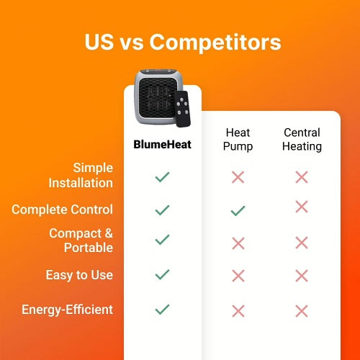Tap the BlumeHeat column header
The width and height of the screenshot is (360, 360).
click(162, 144)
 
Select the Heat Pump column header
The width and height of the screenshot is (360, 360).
click(238, 140)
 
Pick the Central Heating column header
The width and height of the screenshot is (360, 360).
click(302, 140)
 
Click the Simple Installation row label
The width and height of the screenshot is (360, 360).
click(81, 175)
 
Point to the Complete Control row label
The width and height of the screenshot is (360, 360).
click(63, 210)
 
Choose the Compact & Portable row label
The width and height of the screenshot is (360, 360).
click(81, 240)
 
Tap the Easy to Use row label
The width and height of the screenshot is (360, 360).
click(80, 275)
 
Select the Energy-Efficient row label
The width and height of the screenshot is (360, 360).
click(67, 310)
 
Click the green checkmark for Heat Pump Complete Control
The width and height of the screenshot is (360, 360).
click(238, 210)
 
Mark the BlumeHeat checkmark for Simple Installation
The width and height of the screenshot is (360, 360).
click(162, 176)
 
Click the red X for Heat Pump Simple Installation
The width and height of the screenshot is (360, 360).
click(238, 176)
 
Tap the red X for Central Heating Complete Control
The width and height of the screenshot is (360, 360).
click(302, 207)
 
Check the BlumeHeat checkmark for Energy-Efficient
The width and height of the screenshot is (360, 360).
click(162, 310)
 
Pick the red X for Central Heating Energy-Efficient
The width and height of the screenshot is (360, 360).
click(302, 311)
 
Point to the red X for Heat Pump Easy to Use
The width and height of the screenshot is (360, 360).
click(238, 275)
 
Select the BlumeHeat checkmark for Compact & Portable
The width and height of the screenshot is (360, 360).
click(162, 240)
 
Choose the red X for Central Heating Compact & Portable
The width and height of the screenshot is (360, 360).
click(302, 243)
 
